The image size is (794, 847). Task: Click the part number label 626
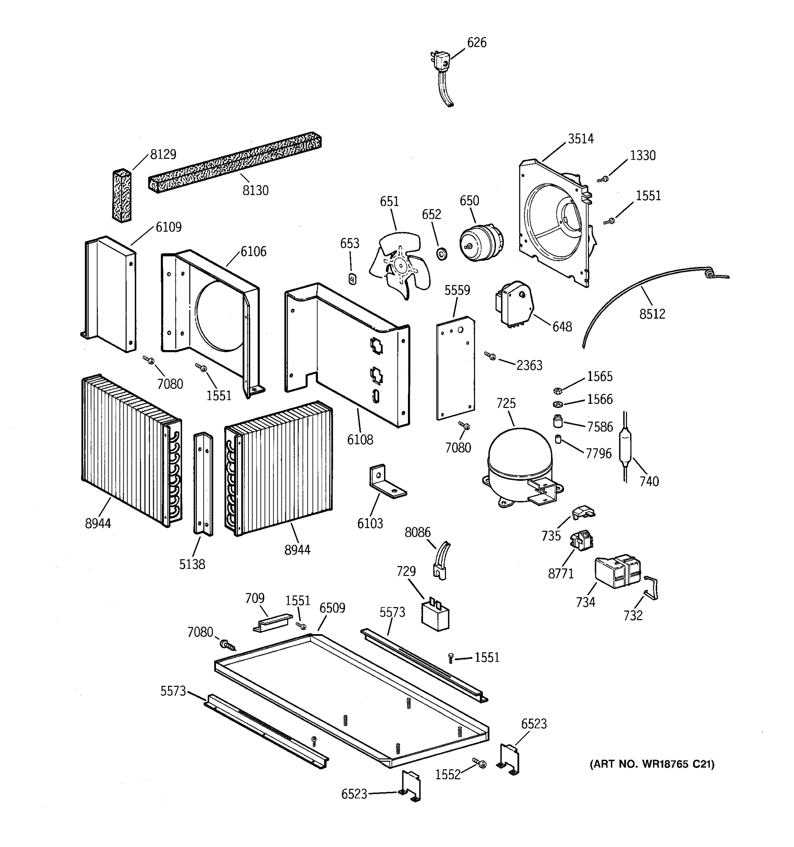point(476,43)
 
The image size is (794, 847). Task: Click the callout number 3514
point(580,139)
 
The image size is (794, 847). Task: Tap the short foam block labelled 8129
point(121,196)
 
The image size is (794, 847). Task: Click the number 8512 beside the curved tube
point(652,314)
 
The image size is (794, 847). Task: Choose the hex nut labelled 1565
point(556,390)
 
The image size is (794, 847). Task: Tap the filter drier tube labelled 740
point(625,447)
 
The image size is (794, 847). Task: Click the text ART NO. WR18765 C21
point(652,764)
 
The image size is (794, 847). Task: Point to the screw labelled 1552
point(479,763)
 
